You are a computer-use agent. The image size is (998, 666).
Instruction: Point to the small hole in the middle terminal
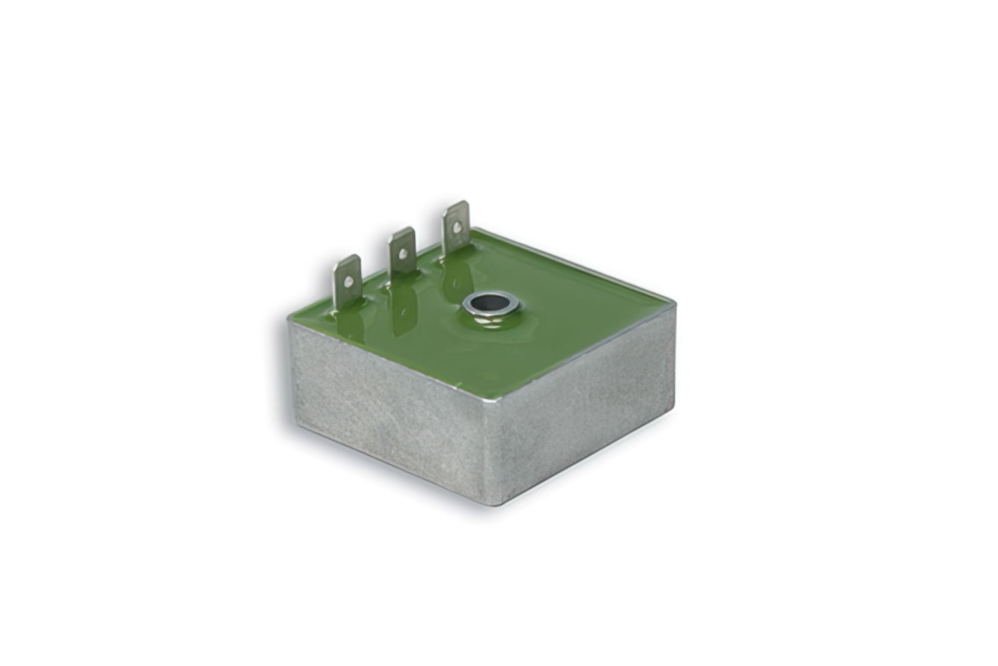click(x=402, y=254)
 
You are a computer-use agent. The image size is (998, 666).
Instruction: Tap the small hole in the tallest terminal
click(x=456, y=227)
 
